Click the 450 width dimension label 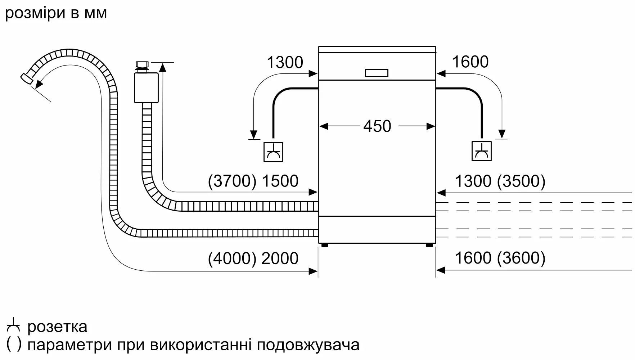377,126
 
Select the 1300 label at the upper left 285,63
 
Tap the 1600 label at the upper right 470,62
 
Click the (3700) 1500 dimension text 253,181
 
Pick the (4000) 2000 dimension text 253,258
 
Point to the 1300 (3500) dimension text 500,181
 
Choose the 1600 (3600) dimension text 500,258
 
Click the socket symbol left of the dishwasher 273,152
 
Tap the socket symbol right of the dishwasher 481,152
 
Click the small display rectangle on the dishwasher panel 377,73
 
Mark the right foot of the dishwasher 429,245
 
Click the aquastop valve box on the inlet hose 146,87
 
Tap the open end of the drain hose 26,78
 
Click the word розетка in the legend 57,327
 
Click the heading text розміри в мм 56,13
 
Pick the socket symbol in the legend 14,326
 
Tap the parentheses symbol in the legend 14,345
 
